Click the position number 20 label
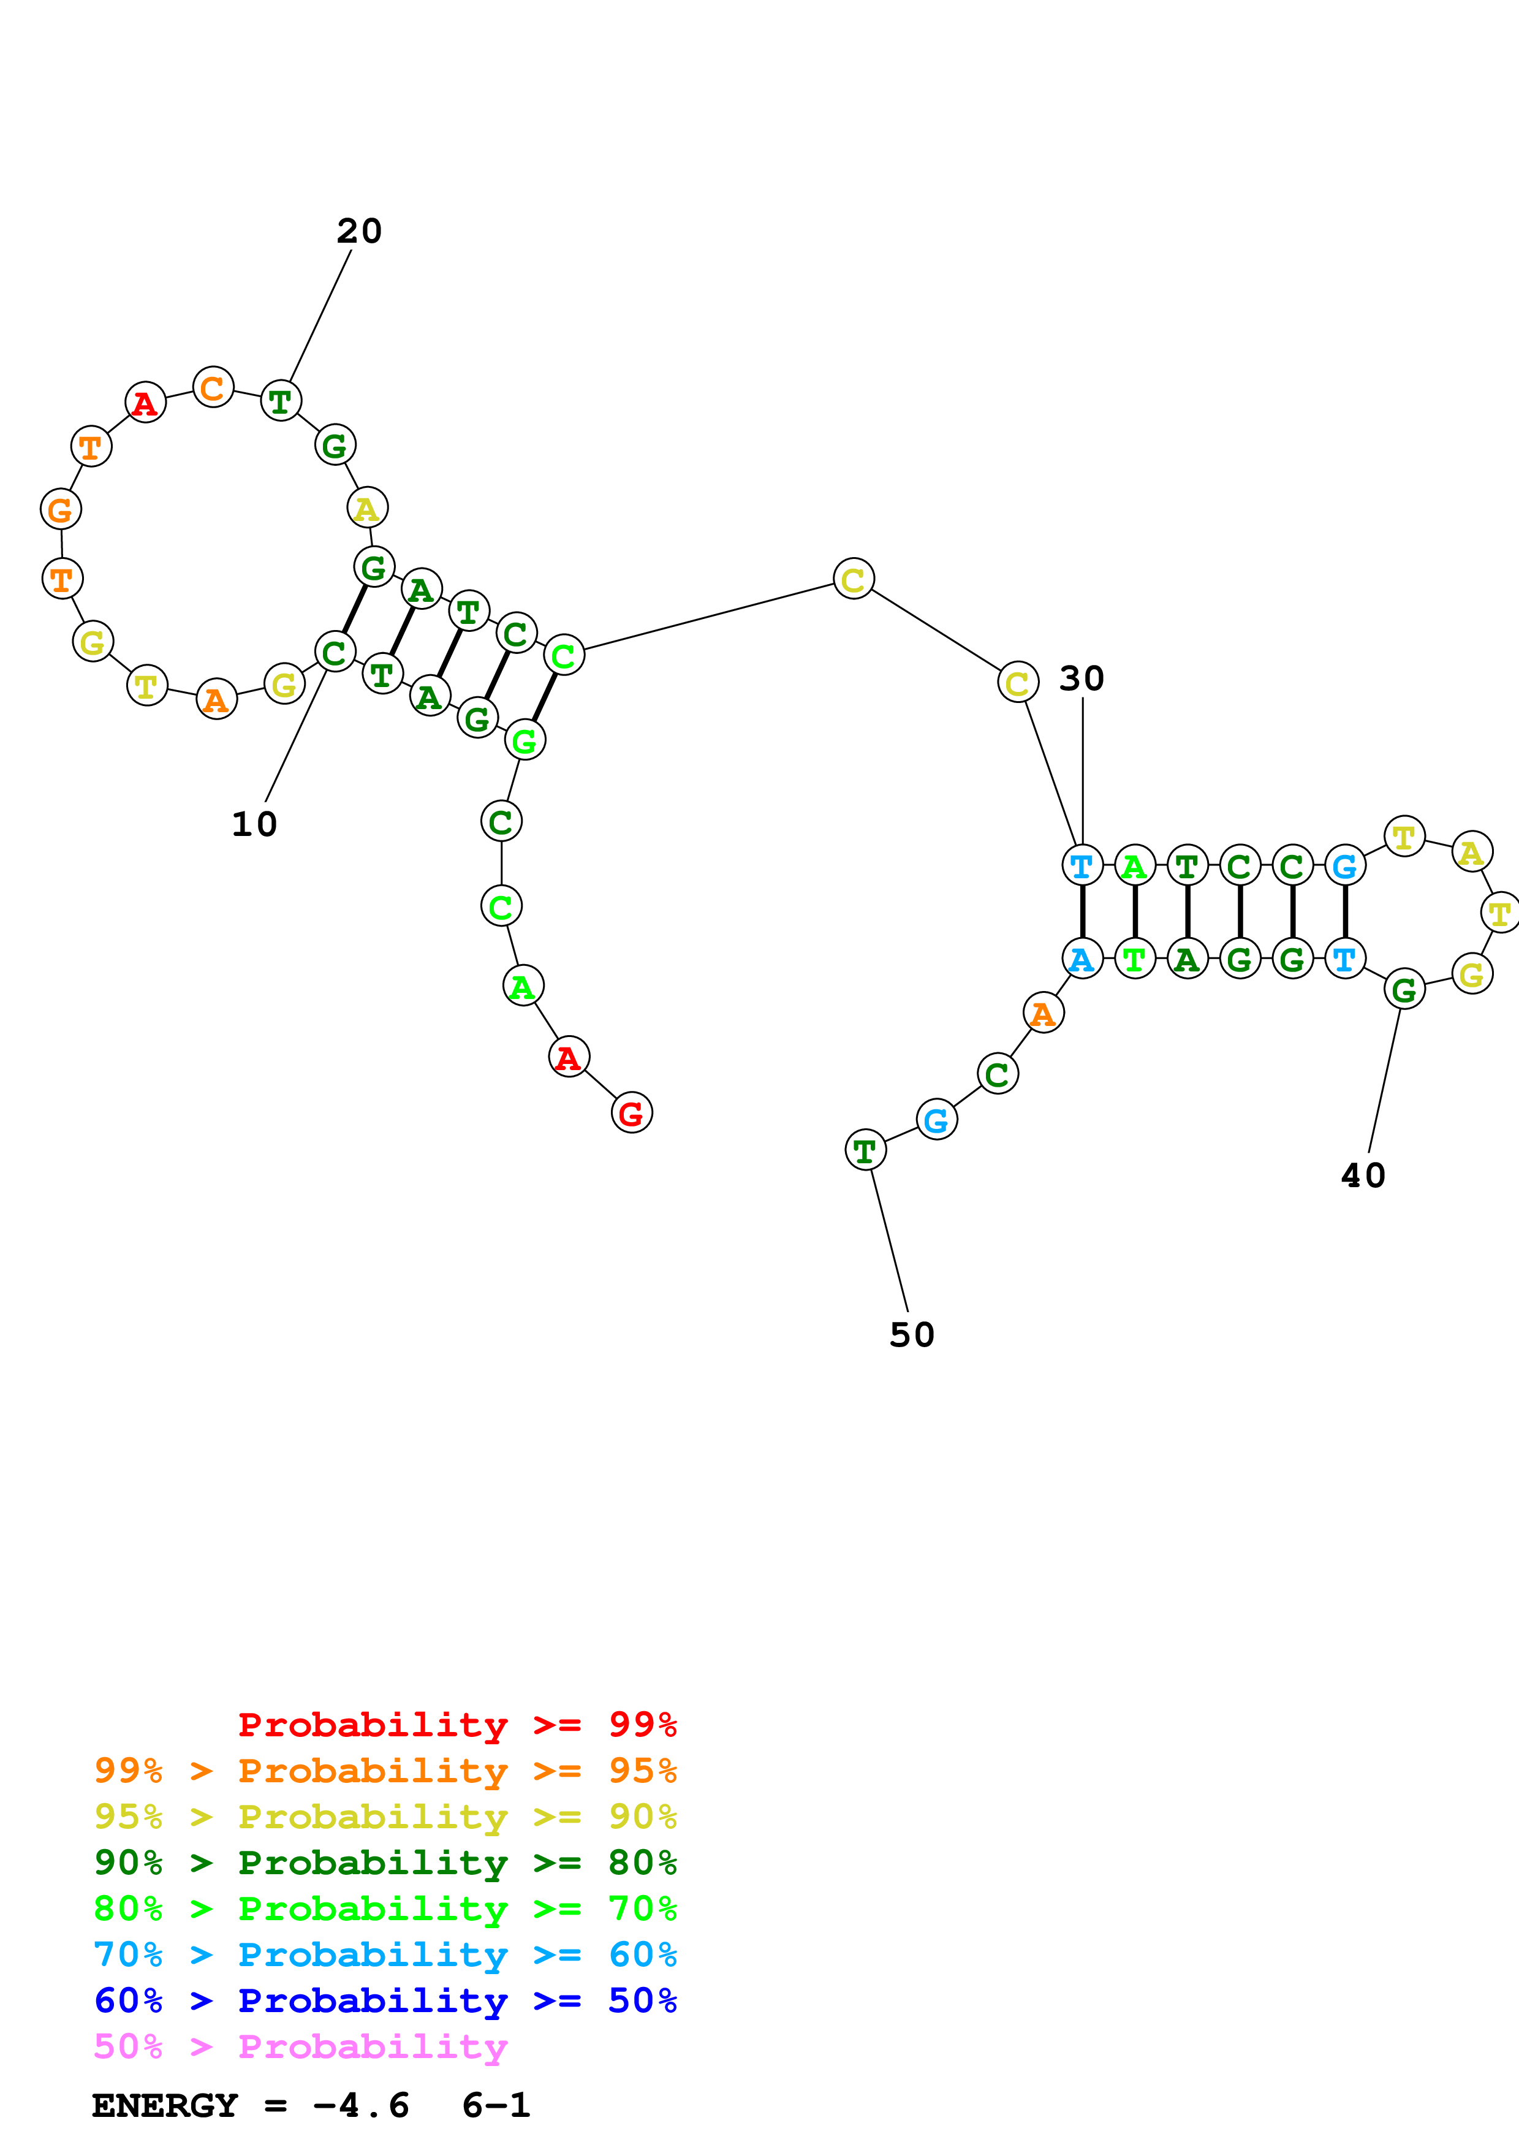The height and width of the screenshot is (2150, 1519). [x=360, y=231]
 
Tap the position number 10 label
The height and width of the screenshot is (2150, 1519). [x=254, y=825]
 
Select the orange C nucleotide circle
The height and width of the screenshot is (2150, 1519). [x=213, y=387]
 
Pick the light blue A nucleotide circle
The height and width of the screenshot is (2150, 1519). [x=1082, y=959]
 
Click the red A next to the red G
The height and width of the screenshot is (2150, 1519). [x=568, y=1058]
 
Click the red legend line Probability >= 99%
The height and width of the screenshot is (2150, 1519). [x=456, y=1725]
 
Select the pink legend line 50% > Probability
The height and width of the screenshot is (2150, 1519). [x=300, y=2047]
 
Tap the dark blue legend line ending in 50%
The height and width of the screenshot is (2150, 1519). [x=385, y=2000]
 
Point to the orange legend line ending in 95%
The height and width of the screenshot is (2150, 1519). [x=385, y=1771]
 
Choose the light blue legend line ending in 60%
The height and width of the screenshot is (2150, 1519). [x=385, y=1954]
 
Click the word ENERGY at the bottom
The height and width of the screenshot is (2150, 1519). [x=165, y=2106]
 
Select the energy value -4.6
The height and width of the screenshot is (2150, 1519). [x=362, y=2106]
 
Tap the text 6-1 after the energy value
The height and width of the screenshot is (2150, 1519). [x=496, y=2106]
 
